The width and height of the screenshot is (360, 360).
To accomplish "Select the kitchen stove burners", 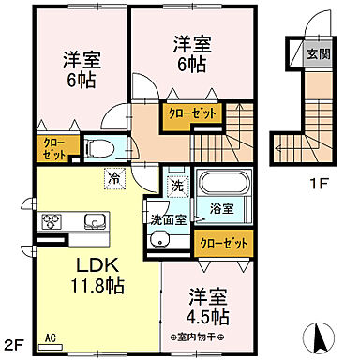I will [50, 222].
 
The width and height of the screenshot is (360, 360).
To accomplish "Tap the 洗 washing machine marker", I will [176, 186].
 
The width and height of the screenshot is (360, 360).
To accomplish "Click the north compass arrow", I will [319, 333].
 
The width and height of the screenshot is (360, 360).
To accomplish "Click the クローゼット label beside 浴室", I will [225, 243].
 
